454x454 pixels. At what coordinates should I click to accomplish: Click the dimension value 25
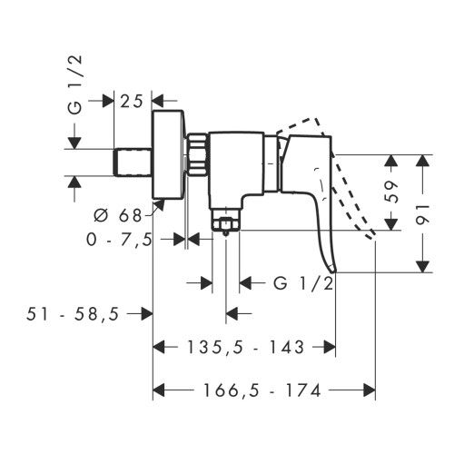point(132,102)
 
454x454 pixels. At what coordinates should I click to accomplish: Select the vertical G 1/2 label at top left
point(75,84)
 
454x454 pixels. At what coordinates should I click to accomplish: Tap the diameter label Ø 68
point(118,215)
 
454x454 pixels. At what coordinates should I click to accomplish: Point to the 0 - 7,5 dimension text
point(119,241)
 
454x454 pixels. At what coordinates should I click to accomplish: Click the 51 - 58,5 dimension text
point(73,314)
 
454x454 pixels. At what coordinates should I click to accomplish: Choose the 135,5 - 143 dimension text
point(245,347)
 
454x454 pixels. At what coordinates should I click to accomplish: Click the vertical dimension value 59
point(390,192)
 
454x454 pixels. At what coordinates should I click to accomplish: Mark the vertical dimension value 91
point(422,214)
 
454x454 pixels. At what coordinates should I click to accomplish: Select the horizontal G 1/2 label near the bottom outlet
point(303,284)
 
